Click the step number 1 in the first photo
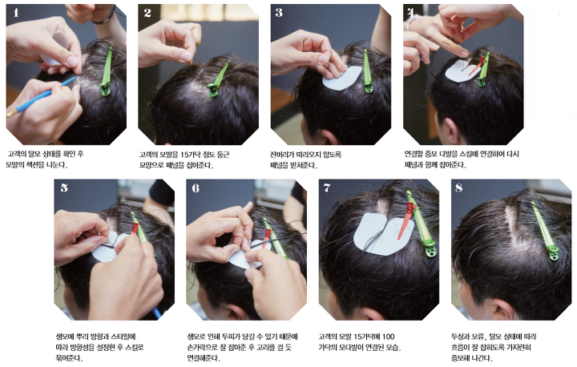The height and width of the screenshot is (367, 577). (15, 13)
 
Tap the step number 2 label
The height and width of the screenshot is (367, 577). (147, 13)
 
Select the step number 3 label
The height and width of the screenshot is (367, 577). (279, 13)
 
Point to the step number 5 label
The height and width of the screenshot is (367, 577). (64, 188)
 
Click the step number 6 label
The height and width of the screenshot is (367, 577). (196, 188)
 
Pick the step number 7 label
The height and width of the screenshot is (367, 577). (327, 188)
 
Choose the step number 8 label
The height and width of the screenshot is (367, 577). (458, 188)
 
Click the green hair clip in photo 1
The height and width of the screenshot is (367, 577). (107, 71)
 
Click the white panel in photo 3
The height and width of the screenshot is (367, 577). (342, 78)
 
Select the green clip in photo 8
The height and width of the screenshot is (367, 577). (545, 231)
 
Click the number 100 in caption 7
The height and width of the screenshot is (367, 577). (388, 337)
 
